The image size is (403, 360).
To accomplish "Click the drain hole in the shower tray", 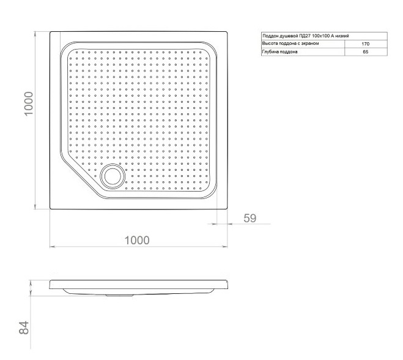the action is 113,176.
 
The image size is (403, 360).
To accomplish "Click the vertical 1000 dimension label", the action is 29,103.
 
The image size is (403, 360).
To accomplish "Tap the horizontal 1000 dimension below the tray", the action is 137,240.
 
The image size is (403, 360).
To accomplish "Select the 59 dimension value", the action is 250,218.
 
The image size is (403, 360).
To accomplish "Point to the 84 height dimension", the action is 24,328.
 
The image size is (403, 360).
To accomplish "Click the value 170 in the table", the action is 365,44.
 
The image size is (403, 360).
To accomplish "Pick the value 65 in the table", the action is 366,51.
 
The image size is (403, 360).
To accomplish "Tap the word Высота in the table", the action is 269,43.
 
